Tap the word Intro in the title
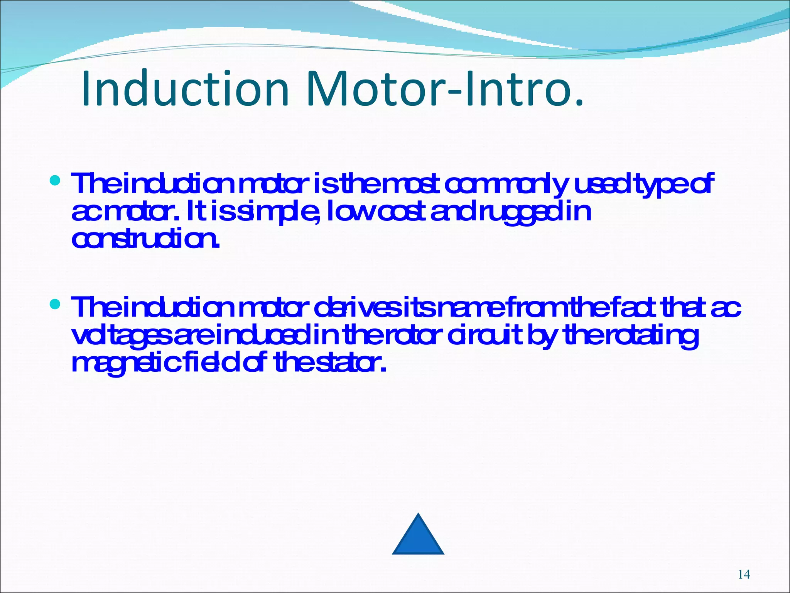[x=517, y=88]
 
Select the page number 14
[x=744, y=574]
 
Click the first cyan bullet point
[x=56, y=180]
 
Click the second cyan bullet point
[x=56, y=304]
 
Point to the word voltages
[x=122, y=337]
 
